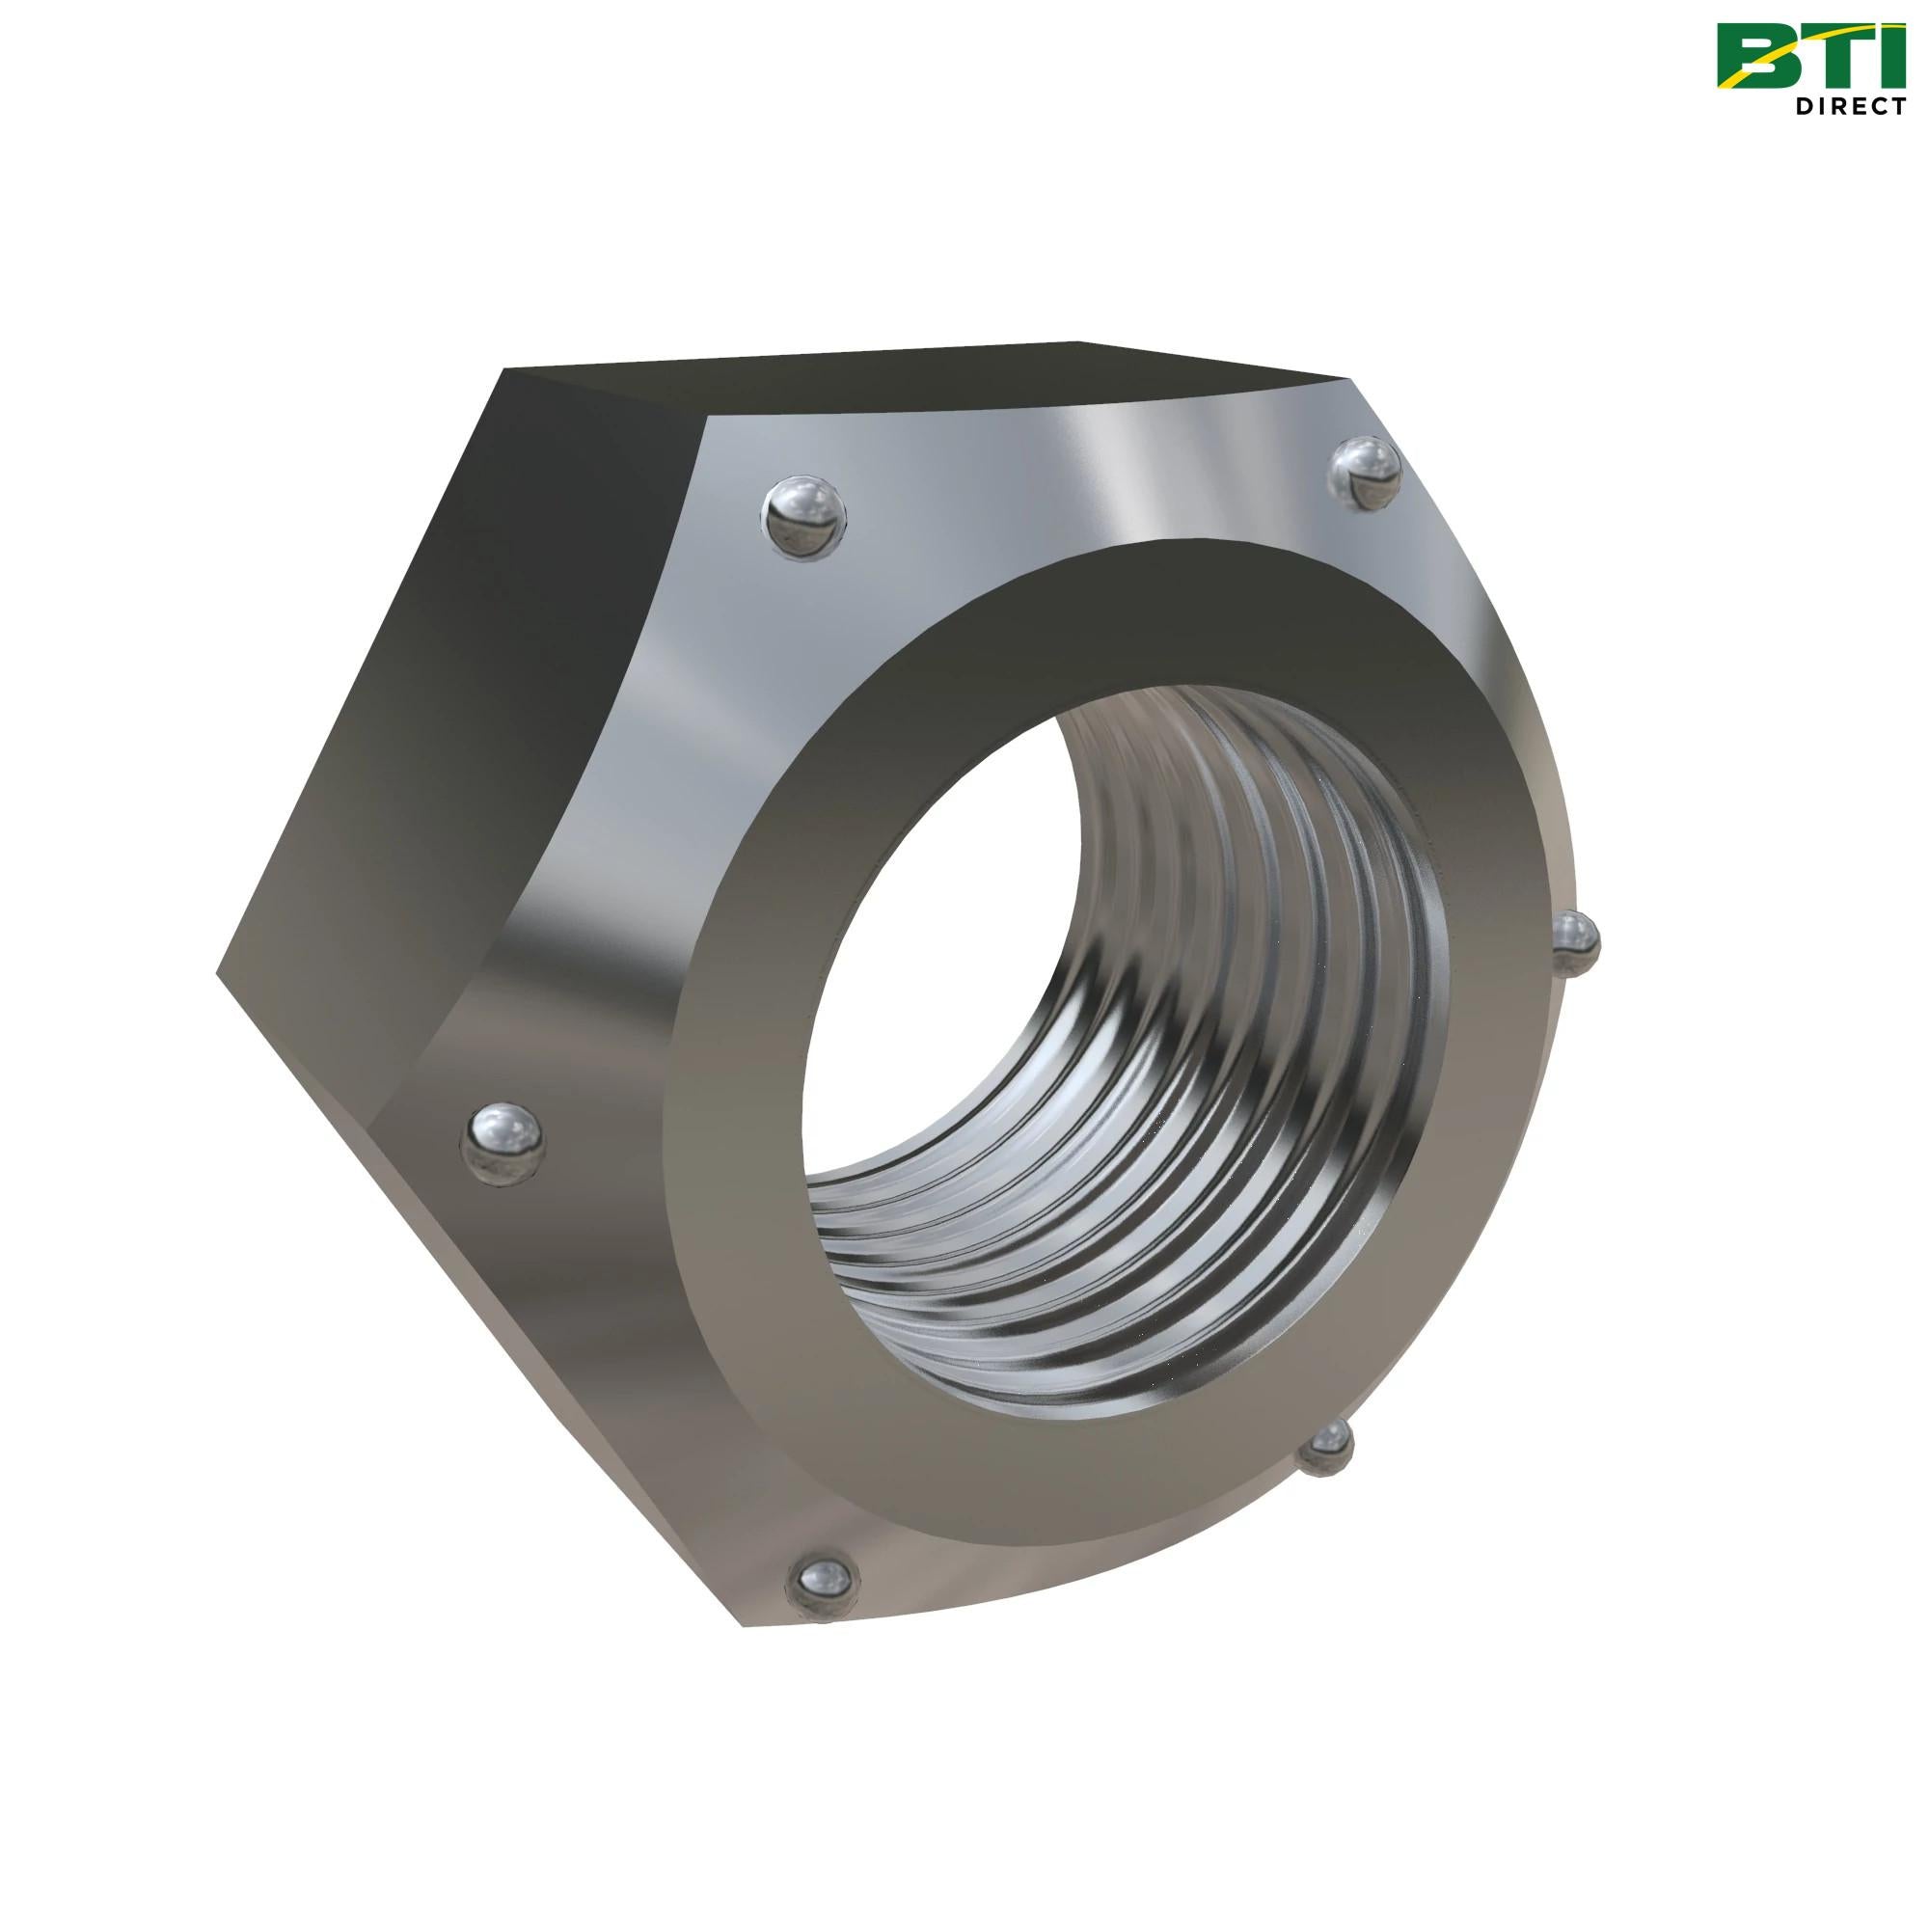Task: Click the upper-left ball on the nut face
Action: pos(803,515)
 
